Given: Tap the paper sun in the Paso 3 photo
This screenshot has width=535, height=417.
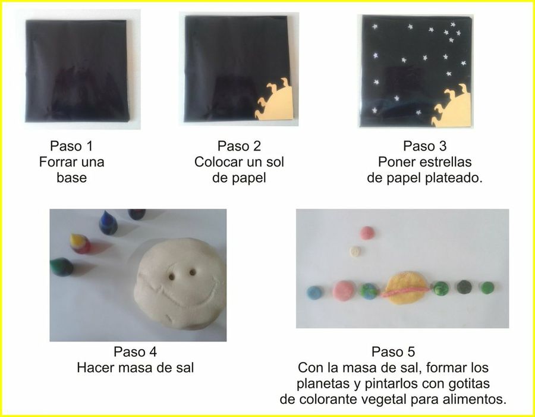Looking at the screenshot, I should pyautogui.click(x=454, y=107).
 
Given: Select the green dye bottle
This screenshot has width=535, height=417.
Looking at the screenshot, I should pyautogui.click(x=61, y=266).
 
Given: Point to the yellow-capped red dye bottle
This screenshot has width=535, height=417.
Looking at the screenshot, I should pyautogui.click(x=80, y=242).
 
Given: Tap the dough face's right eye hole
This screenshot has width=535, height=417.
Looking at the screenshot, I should pyautogui.click(x=193, y=272).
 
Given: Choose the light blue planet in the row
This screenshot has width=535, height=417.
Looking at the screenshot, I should pyautogui.click(x=314, y=292).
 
